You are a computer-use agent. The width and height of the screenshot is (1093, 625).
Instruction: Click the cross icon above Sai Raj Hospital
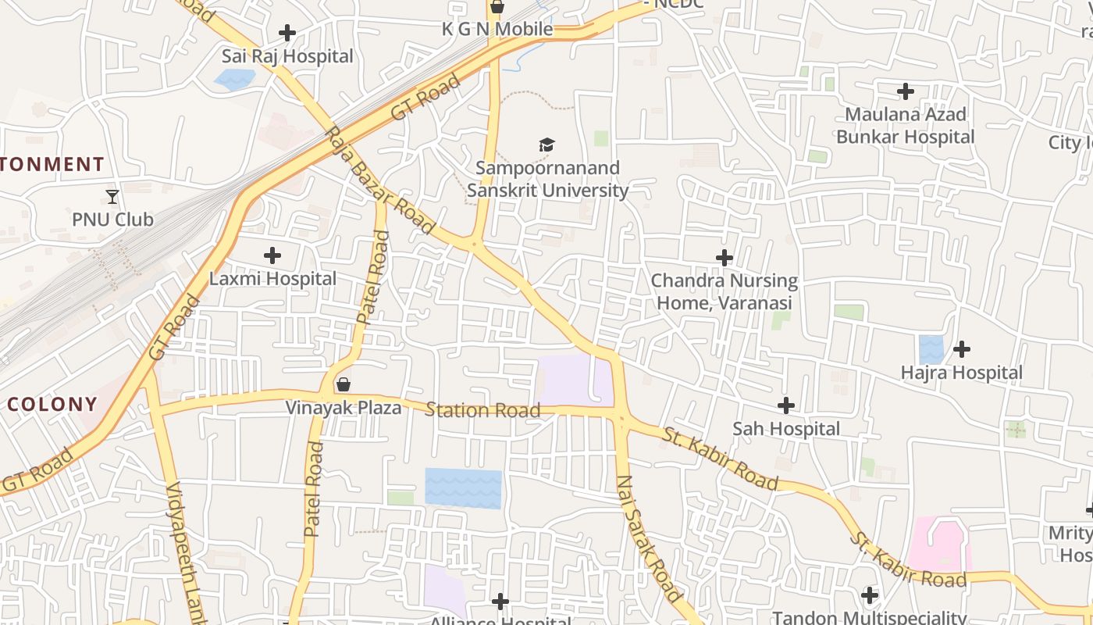point(287,33)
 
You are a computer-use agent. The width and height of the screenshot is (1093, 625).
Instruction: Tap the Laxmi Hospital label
point(272,279)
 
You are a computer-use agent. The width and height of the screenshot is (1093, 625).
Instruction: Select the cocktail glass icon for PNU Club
point(112,196)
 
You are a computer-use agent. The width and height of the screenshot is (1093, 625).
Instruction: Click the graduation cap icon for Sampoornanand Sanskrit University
point(546,145)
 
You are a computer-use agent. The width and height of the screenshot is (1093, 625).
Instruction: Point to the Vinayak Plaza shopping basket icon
point(343,384)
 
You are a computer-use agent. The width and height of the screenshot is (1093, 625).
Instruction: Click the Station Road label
point(482,410)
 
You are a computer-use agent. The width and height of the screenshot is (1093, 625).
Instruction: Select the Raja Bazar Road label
point(379,181)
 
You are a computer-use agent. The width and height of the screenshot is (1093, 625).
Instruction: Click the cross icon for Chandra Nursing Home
point(725,257)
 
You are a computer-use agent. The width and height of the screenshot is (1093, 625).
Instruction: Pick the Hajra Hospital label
point(961,373)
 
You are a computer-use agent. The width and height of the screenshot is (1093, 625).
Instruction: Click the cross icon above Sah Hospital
point(786,405)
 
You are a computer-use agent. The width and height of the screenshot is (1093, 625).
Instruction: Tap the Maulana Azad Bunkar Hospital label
point(906,126)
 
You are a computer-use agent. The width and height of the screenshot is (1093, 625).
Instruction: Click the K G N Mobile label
point(497,30)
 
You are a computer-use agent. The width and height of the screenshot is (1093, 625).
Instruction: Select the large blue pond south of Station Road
point(463,488)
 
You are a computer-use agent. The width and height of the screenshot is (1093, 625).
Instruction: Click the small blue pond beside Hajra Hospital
point(931,349)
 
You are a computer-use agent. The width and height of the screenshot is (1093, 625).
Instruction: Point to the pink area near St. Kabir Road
point(939,544)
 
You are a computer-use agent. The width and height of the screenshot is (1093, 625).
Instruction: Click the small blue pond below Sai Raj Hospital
point(235,80)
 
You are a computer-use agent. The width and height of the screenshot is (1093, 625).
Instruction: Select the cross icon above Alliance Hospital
point(500,601)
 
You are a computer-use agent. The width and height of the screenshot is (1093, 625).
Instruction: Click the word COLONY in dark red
point(52,405)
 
